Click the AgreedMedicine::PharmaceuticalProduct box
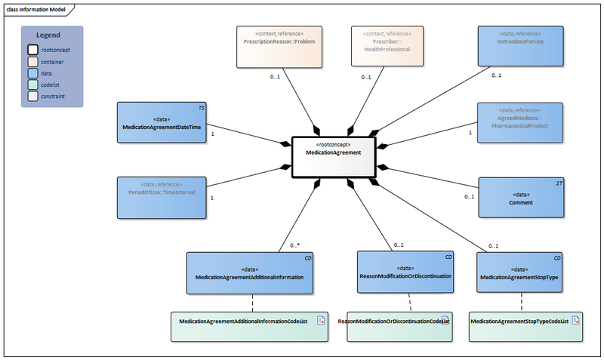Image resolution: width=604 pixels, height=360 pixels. tap(522, 122)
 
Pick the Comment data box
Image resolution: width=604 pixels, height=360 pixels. tap(522, 198)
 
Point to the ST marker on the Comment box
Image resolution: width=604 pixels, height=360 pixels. tap(559, 183)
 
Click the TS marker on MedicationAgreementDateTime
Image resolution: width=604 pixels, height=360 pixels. tap(202, 107)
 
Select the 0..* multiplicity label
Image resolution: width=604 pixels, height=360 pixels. tap(295, 246)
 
